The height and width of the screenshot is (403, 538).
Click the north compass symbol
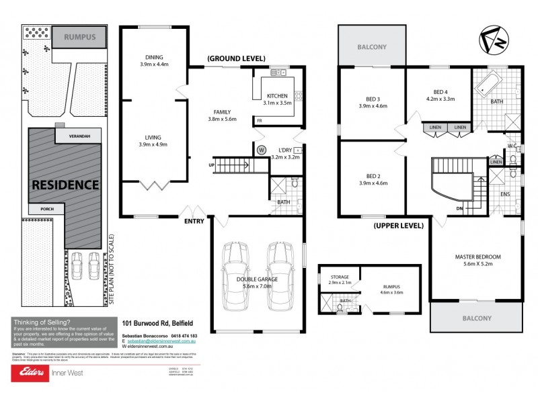click(x=494, y=42)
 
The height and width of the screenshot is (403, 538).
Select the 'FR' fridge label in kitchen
click(x=259, y=121)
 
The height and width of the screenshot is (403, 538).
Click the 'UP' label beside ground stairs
click(x=213, y=165)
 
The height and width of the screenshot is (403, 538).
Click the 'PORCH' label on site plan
click(x=46, y=209)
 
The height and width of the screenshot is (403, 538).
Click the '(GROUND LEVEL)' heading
click(x=236, y=58)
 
